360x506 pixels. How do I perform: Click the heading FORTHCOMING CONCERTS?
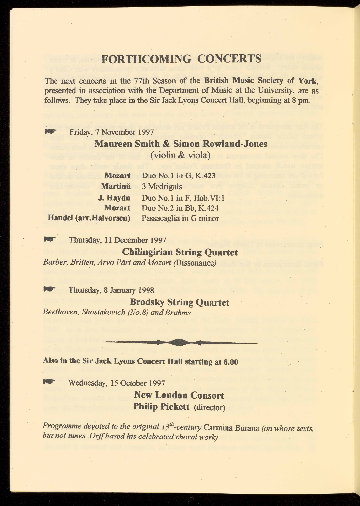click(x=181, y=59)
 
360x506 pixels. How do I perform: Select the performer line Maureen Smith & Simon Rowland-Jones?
click(x=180, y=144)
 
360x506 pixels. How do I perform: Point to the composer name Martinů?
click(x=116, y=187)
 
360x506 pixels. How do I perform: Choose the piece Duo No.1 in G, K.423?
click(x=179, y=176)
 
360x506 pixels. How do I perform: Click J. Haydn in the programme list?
click(x=114, y=198)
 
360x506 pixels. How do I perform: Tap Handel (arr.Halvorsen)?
click(x=89, y=218)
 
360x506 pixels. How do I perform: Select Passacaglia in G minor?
click(x=180, y=218)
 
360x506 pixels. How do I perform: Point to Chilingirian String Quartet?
click(x=180, y=253)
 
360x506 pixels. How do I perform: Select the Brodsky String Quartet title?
click(x=180, y=302)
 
